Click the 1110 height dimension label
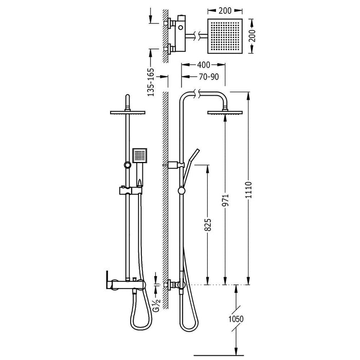[x=248, y=190]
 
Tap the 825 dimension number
[x=208, y=225]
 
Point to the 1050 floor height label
[x=236, y=319]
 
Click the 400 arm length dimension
[x=204, y=65]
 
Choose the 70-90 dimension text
[x=209, y=77]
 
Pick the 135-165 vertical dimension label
[x=151, y=82]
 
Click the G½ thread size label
[x=156, y=304]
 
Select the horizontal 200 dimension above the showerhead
[x=225, y=11]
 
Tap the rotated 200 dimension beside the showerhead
[x=252, y=35]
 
